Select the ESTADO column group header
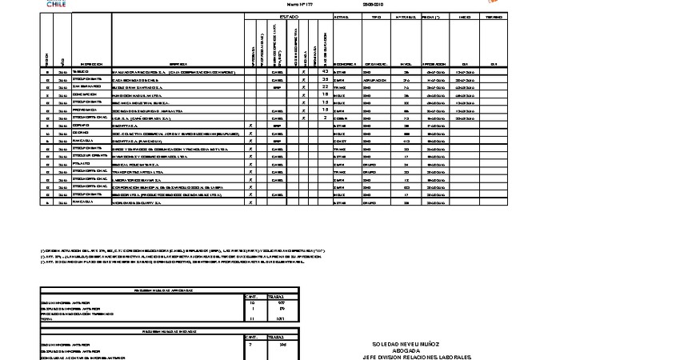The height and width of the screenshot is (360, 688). click(289, 17)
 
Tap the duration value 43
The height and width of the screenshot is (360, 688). click(325, 71)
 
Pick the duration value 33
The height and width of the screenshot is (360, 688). click(325, 79)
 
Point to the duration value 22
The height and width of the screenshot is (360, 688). click(325, 86)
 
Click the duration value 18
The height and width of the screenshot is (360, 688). click(325, 94)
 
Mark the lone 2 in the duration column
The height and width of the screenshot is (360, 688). click(325, 118)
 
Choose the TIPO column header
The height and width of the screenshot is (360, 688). click(376, 17)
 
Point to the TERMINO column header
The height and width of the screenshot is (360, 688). click(494, 17)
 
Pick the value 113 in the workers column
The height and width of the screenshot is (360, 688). click(406, 141)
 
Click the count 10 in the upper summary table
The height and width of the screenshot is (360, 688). click(253, 303)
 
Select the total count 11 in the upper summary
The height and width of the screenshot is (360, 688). click(253, 318)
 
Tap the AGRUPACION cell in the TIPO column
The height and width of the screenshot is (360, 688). click(376, 79)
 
